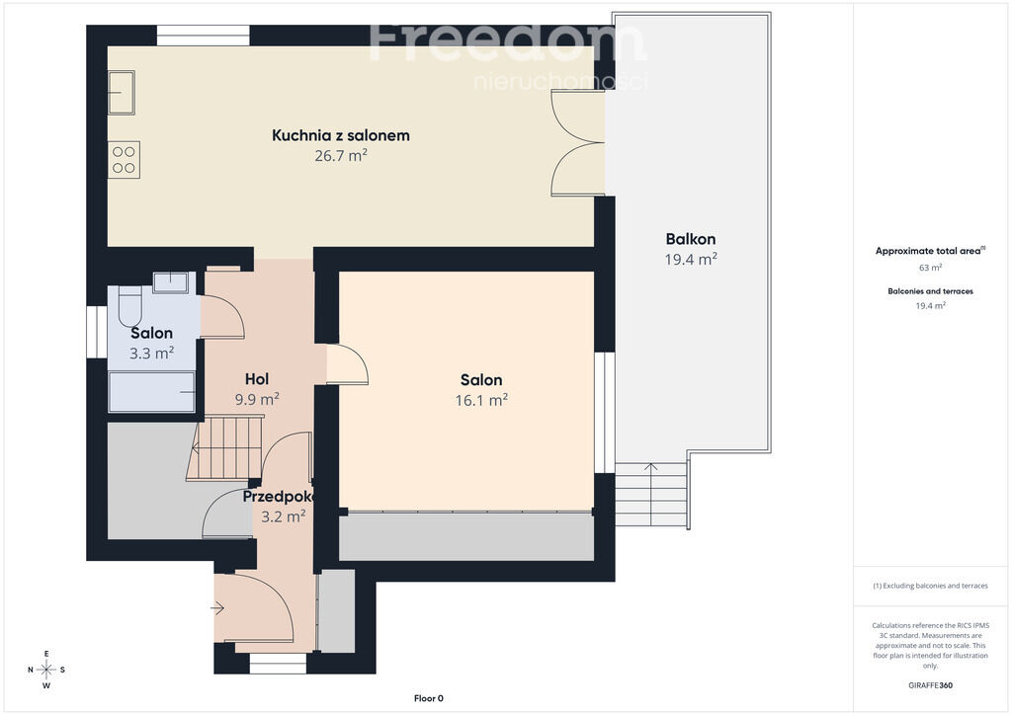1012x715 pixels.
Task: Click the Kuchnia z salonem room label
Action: [x=341, y=135]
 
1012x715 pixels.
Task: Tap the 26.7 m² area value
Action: [x=341, y=155]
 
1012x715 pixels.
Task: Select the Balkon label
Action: [x=691, y=239]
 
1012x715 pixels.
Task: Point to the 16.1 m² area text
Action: [x=481, y=400]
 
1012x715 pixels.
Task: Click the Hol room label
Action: [x=257, y=379]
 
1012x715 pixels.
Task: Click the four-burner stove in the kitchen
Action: [x=124, y=160]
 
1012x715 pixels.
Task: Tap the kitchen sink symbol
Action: [x=122, y=93]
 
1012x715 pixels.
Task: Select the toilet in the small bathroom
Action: [x=129, y=306]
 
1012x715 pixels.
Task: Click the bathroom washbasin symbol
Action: [x=170, y=281]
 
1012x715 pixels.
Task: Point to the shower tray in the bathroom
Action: [x=151, y=391]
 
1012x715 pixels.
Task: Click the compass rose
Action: [x=46, y=670]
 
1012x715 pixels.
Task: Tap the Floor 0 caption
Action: [x=429, y=698]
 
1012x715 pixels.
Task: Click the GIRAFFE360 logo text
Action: [x=930, y=685]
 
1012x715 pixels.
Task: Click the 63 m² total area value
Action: [x=930, y=267]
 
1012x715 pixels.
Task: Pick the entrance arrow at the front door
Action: [x=216, y=608]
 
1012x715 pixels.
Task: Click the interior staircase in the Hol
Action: [x=226, y=448]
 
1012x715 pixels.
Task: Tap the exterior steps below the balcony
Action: [x=650, y=495]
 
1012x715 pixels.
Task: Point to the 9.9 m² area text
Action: [x=257, y=399]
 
